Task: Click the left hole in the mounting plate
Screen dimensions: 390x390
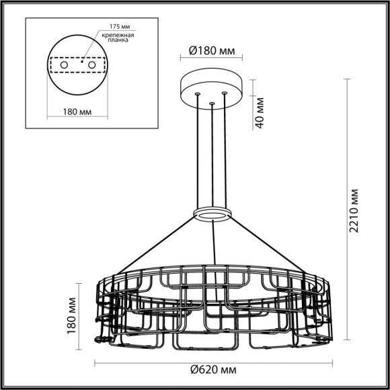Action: click(x=65, y=65)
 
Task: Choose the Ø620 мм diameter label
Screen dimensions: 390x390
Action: click(x=212, y=369)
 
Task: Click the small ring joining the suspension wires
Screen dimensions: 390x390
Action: click(x=212, y=214)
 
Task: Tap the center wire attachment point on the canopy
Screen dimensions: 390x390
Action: click(x=212, y=104)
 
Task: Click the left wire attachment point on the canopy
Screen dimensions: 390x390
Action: click(x=198, y=95)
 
